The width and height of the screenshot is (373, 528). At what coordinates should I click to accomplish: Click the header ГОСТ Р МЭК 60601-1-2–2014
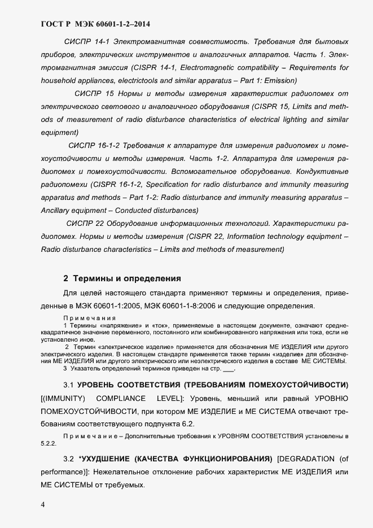click(96, 24)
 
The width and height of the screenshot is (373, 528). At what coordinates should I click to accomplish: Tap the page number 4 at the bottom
click(43, 504)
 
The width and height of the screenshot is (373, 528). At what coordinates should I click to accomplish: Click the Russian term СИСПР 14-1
click(85, 42)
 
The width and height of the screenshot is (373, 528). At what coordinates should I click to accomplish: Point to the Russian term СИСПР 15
click(95, 94)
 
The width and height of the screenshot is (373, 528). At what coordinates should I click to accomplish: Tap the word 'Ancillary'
click(58, 211)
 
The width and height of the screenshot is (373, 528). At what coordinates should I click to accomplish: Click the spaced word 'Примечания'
click(85, 318)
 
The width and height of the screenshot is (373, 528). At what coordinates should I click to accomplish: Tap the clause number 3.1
click(69, 385)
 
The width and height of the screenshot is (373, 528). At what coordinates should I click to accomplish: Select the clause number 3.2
click(69, 457)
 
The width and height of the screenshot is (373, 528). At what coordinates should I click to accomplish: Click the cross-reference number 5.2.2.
click(48, 444)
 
